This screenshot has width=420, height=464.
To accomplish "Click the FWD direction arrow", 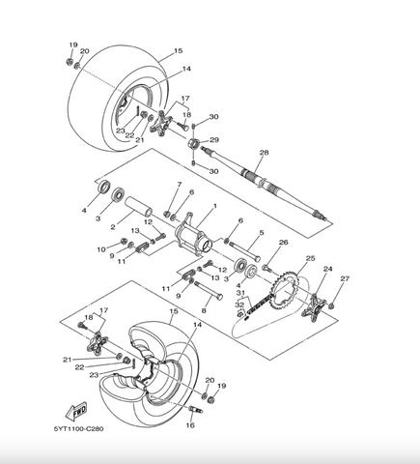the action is pos(76,411).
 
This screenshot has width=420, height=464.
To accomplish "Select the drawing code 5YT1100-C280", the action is pos(79,429).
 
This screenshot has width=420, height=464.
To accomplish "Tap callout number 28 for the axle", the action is pos(264,153).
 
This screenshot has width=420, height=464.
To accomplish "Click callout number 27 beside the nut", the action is pos(345,278).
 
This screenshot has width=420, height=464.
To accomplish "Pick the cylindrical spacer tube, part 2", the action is pos(139,207).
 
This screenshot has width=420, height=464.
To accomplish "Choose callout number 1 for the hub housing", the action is pos(215,206).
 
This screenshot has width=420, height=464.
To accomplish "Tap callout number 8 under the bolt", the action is pos(204,310).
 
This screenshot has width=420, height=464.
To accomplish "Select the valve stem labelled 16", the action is pos(195,410).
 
